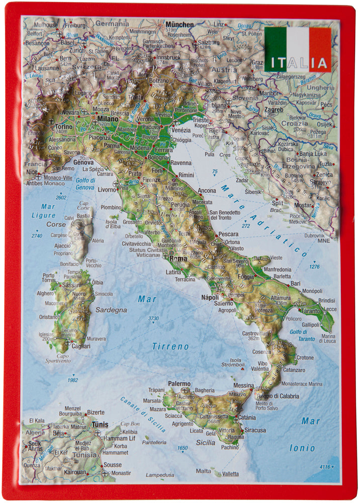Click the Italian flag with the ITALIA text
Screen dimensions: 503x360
(x=298, y=49)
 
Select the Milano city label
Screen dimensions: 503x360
(x=107, y=118)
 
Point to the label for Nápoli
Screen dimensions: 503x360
(x=210, y=297)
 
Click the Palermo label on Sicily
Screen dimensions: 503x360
(x=179, y=384)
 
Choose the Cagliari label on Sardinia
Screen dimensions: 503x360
(x=80, y=346)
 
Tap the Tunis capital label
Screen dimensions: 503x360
(x=100, y=425)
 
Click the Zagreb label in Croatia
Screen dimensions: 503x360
(x=275, y=109)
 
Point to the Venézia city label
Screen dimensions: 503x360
(x=181, y=130)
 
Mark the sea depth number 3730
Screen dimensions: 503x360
(x=153, y=318)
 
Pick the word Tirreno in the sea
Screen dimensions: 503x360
(x=170, y=346)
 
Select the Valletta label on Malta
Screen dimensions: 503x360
(x=231, y=473)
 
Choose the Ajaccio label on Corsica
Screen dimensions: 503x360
(x=62, y=246)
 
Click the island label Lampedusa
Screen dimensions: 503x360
(x=160, y=475)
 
